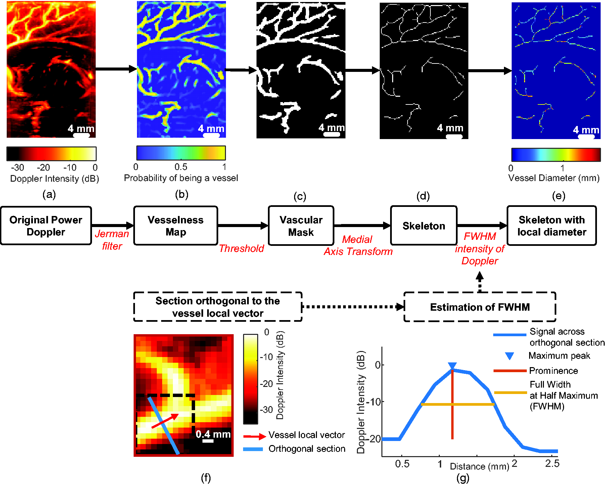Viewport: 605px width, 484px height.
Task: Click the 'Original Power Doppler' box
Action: tap(46, 226)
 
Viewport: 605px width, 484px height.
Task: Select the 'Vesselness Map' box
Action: tap(176, 226)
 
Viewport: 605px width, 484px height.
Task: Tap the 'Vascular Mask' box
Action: tap(301, 226)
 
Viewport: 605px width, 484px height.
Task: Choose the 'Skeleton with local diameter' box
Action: tap(552, 226)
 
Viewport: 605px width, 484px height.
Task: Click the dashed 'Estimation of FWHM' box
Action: tap(480, 307)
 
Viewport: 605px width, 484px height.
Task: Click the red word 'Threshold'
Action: tap(241, 249)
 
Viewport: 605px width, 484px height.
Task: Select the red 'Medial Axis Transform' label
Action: tap(358, 246)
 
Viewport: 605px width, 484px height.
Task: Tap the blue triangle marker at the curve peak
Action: tap(452, 366)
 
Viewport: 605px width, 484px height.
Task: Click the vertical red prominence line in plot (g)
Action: tap(453, 420)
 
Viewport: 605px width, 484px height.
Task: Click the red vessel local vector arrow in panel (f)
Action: tap(165, 421)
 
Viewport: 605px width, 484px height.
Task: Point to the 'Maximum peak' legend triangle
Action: tap(510, 356)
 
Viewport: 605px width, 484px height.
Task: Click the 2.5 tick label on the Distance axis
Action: tap(552, 464)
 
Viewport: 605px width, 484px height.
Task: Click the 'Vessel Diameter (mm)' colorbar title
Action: tap(554, 178)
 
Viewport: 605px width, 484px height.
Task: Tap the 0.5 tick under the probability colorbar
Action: tap(181, 167)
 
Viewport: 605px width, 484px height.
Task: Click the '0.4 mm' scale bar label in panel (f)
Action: tap(213, 434)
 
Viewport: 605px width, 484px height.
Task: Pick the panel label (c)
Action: tap(300, 196)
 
